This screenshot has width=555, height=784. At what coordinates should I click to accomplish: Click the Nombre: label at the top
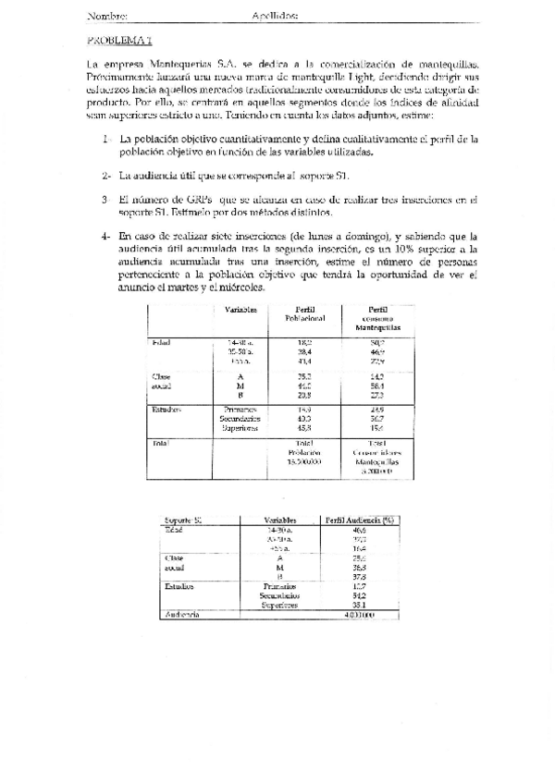point(107,17)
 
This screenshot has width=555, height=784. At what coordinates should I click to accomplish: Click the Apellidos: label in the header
point(274,17)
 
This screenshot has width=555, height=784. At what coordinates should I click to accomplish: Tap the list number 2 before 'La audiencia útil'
point(107,175)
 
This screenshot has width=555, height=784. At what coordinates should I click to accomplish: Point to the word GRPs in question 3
point(195,199)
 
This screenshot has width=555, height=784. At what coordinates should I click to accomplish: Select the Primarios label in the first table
point(240,408)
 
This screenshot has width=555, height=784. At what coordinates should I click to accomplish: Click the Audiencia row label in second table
point(182,614)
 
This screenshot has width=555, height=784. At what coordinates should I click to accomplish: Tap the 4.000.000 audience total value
point(359,614)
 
